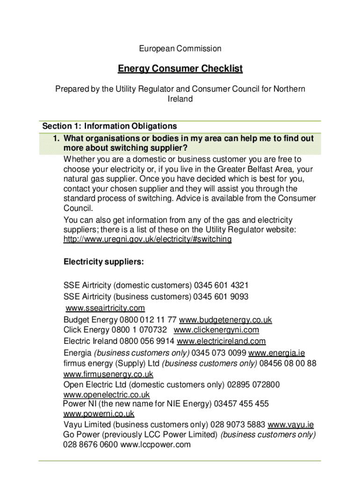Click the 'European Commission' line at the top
coord(180,49)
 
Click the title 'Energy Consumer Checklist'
coord(180,69)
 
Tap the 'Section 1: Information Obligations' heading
coord(110,126)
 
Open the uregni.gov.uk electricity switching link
coord(147,239)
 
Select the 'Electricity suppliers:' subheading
coord(103,262)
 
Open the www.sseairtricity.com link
coord(105,308)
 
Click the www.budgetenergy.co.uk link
coord(225,320)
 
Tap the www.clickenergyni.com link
coord(216,330)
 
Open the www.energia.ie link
coord(276,353)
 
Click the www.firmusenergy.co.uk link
coord(108,374)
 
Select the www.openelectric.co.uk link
coord(107,395)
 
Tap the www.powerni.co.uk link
coord(99,414)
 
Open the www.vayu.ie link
coord(290,425)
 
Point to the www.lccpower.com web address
coord(155,445)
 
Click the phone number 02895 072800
coord(253,385)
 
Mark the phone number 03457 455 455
coord(241,404)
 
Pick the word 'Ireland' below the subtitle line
coord(180,99)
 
